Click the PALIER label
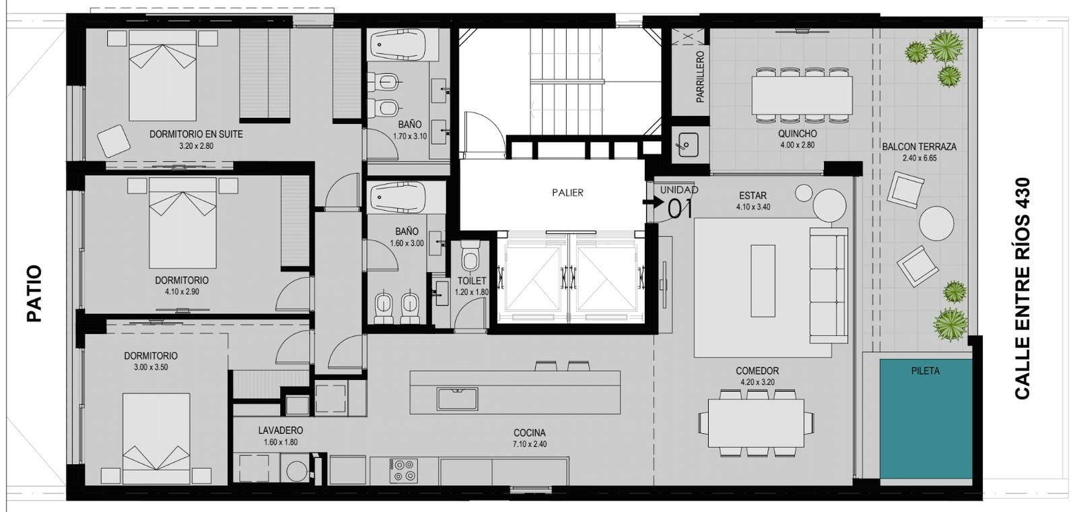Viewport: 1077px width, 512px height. (x=567, y=193)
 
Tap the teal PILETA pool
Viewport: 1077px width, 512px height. (x=926, y=418)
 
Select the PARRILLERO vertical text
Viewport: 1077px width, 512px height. (x=700, y=77)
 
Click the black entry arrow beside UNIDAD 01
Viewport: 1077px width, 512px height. (x=652, y=202)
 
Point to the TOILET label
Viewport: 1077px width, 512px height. (x=472, y=280)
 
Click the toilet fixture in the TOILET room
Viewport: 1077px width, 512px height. (x=471, y=257)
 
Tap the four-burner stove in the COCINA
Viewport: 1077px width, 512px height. (x=403, y=471)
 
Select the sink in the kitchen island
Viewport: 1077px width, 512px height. (x=457, y=399)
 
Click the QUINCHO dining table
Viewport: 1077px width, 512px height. (x=802, y=95)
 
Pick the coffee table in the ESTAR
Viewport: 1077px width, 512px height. (x=763, y=280)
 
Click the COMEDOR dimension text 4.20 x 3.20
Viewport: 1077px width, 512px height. (x=757, y=382)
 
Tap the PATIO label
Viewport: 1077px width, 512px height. (x=34, y=293)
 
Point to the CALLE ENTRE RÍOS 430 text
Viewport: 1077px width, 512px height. (x=1022, y=288)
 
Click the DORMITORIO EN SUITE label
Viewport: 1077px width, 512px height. (x=196, y=134)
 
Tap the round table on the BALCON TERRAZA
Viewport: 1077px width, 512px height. (x=936, y=223)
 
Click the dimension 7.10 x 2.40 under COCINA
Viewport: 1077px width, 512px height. (x=530, y=444)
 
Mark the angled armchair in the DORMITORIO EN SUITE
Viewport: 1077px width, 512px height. (x=114, y=141)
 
